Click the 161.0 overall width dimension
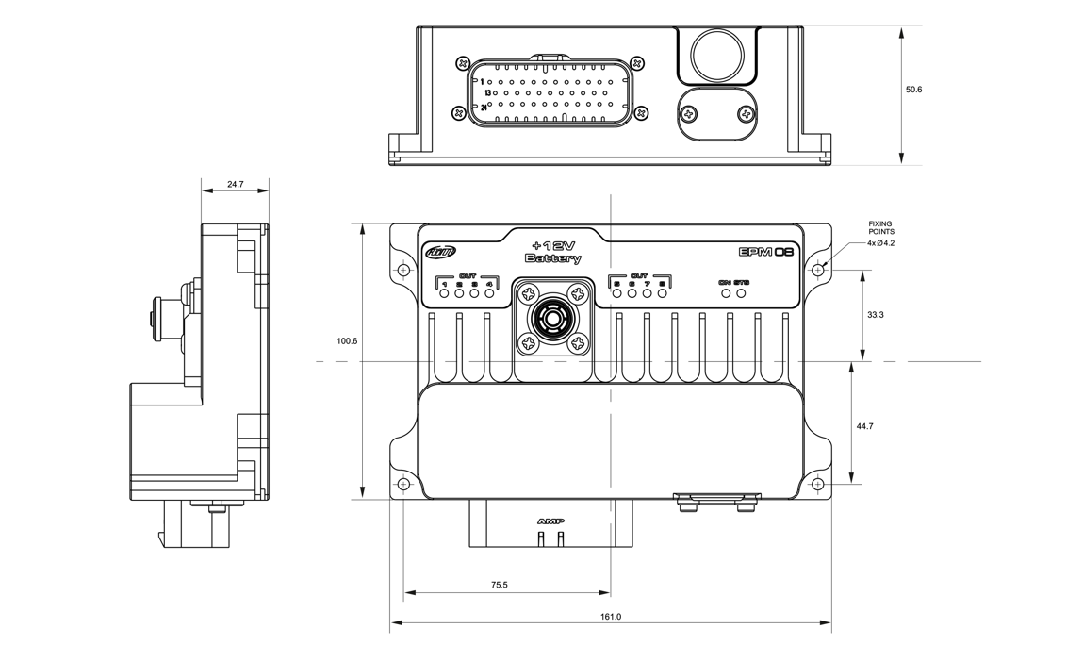click(611, 616)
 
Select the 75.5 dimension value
click(499, 586)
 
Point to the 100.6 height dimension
click(347, 340)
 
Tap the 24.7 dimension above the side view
click(235, 185)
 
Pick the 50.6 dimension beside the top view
click(913, 90)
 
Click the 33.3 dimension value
click(875, 314)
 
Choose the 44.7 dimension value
click(864, 426)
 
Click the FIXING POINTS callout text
click(881, 227)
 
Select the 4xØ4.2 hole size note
click(881, 243)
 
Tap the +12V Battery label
click(553, 252)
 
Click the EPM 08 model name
click(766, 252)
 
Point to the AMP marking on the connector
click(550, 521)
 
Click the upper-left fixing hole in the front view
click(404, 271)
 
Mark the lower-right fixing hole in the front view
click(817, 485)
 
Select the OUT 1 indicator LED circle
click(445, 293)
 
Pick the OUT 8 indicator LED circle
click(663, 293)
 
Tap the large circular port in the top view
click(718, 53)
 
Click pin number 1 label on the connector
click(482, 81)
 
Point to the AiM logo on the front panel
click(440, 252)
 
